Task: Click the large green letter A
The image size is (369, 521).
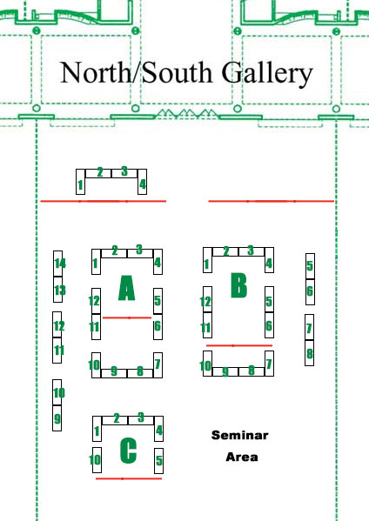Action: (127, 288)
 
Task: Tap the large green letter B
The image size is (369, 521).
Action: (239, 285)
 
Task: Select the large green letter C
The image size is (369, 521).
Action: (128, 451)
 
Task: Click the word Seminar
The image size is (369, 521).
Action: (239, 435)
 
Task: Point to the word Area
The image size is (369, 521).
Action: (242, 457)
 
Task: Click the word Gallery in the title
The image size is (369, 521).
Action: (267, 73)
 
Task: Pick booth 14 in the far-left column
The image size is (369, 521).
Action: (57, 264)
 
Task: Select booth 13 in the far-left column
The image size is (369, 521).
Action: (57, 290)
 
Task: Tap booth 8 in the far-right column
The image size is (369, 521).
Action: (310, 353)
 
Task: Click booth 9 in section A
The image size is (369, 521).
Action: (114, 373)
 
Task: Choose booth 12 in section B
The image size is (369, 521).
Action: (207, 299)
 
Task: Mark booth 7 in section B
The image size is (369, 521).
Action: (269, 364)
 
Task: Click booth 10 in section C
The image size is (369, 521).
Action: (97, 460)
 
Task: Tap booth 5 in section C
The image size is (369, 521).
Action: (159, 461)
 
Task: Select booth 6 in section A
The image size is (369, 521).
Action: (158, 327)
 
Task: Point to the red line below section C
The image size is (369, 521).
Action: (129, 478)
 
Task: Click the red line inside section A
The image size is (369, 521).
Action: (127, 318)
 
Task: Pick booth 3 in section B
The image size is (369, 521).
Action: (252, 251)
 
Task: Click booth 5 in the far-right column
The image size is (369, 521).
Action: (310, 266)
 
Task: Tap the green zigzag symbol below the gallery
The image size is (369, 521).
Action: (186, 114)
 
